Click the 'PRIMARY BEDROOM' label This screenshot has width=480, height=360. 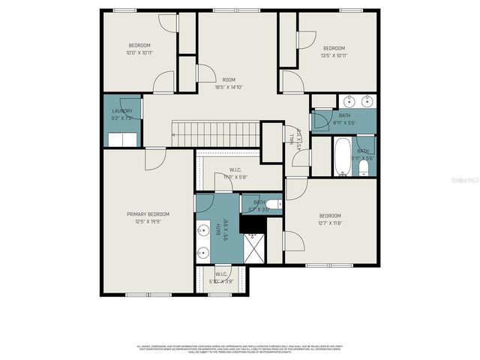point(148,214)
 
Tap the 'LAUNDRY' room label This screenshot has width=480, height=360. point(122,111)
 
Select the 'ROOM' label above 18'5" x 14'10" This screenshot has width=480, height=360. point(229,79)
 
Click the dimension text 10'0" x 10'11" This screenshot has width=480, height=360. point(139,52)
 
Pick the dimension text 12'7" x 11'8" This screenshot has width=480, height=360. point(330,223)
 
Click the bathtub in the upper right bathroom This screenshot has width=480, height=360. point(342,156)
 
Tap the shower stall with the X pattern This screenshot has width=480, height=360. point(253,247)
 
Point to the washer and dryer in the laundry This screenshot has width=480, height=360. point(122,139)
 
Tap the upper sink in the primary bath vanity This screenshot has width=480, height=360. point(202,230)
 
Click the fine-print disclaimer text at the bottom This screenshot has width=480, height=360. point(240,349)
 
